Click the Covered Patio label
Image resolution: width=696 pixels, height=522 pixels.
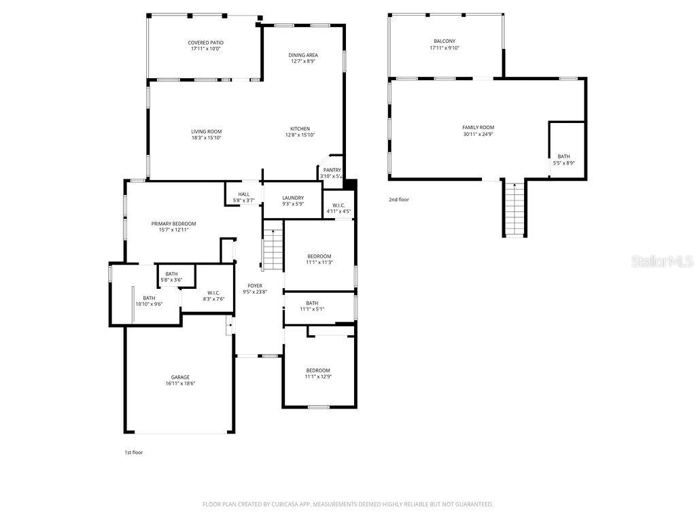click(206, 43)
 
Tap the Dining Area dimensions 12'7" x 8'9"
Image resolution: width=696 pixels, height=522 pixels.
click(303, 61)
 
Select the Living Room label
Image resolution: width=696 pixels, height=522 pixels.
click(206, 132)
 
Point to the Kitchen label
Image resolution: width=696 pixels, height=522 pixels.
click(300, 129)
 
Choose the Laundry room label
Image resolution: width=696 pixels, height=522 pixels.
click(293, 198)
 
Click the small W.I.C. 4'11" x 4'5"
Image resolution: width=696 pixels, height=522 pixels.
click(338, 208)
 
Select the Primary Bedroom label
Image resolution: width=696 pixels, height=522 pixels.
click(173, 224)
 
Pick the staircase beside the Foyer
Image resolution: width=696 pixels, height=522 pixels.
click(273, 249)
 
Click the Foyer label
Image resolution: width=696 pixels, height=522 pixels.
click(255, 286)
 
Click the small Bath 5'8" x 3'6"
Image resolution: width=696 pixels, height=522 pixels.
click(171, 277)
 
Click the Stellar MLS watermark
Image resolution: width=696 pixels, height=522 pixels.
click(661, 261)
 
